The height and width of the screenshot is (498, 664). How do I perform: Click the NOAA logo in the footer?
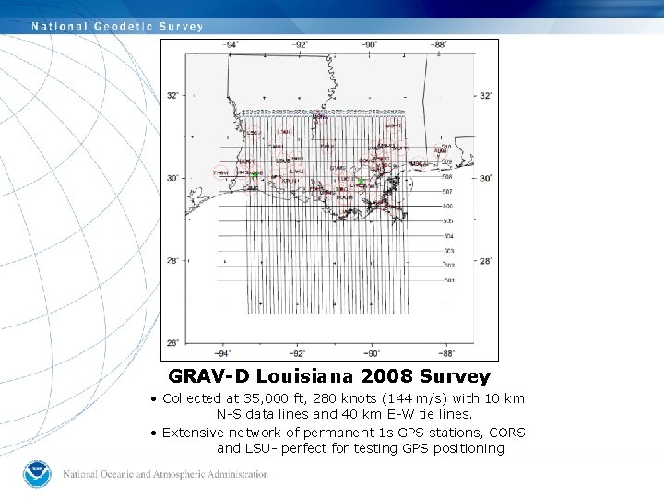pos(37,474)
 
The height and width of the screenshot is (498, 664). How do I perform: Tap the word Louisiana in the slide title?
pos(308,376)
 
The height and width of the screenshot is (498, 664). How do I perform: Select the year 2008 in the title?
pos(388,376)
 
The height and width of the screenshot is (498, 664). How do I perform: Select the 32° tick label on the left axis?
pos(172,95)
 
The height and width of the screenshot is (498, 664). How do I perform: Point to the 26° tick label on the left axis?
pos(172,343)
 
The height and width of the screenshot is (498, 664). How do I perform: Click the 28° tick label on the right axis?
pos(486,261)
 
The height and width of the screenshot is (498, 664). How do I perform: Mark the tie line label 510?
pos(447,148)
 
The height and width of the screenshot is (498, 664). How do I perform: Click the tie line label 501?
pos(448,280)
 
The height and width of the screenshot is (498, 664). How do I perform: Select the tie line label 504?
pos(448,236)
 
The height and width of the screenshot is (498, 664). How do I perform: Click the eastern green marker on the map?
pos(362,181)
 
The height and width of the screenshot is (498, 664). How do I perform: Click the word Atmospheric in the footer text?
pos(189,475)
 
